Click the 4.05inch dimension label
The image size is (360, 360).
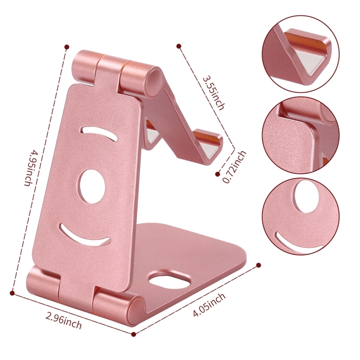(209, 306)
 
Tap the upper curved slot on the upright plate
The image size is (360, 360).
(98, 133)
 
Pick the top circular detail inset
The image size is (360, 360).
(300, 54)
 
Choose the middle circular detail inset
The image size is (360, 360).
(300, 136)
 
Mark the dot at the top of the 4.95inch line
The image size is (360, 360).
(67, 47)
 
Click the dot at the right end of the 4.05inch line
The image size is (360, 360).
(259, 264)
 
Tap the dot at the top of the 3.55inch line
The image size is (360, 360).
(179, 47)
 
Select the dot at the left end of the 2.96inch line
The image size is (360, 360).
(12, 291)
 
